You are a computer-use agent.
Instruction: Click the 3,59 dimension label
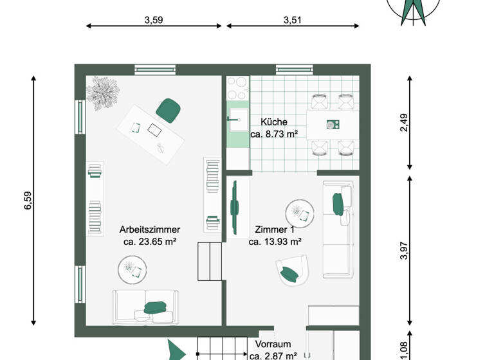[x=154, y=20]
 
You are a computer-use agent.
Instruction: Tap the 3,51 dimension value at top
[x=293, y=20]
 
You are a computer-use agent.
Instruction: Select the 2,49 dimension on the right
[x=404, y=123]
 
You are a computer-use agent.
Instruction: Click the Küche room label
[x=274, y=122]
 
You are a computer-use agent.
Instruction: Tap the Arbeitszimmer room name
[x=150, y=230]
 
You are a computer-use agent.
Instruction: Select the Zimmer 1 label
[x=275, y=230]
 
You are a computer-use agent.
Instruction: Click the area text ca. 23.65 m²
[x=150, y=242]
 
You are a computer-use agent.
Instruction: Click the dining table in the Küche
[x=332, y=125]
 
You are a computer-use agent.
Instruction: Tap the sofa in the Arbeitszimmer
[x=146, y=307]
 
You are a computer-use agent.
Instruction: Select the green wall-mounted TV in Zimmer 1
[x=235, y=204]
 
